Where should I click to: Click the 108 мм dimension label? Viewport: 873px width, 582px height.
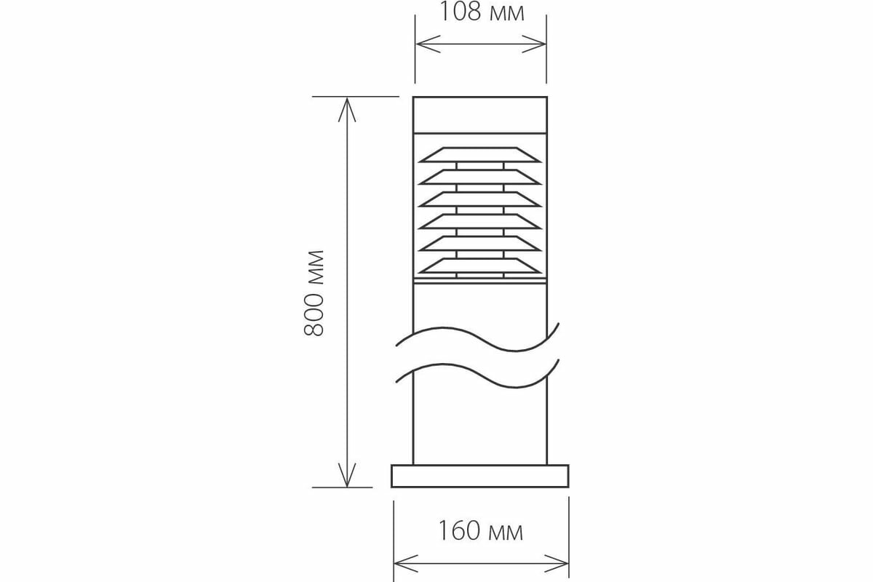point(481,12)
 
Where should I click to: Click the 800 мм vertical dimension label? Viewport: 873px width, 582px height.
point(314,292)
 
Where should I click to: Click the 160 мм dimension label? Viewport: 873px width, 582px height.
point(480,531)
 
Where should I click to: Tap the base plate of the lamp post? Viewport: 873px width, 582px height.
point(480,476)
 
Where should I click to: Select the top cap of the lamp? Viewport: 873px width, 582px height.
point(480,114)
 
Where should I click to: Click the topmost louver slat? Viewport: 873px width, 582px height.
point(480,154)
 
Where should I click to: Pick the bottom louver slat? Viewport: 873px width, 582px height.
point(480,266)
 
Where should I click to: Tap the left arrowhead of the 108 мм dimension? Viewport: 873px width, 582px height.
point(424,45)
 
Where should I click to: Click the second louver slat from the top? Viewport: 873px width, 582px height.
point(480,177)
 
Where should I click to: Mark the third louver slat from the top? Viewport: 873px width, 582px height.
point(480,199)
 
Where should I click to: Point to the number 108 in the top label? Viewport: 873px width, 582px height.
point(461,12)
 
